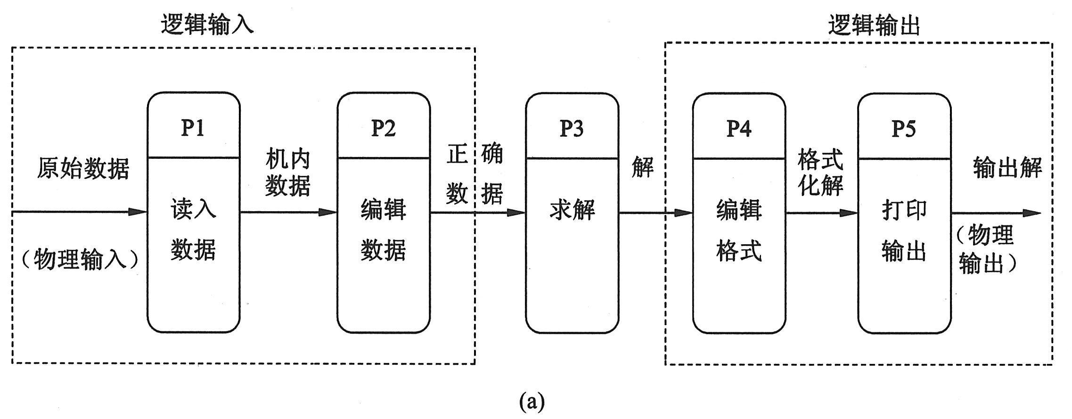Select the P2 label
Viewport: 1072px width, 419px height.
coord(383,128)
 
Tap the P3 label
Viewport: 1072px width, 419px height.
coord(571,128)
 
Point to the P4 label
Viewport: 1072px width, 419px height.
coord(738,128)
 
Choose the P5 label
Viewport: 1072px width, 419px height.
coord(904,128)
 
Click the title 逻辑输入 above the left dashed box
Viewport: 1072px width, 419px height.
coord(207,25)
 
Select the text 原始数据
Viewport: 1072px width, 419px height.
coord(83,168)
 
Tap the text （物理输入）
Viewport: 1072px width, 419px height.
coord(80,259)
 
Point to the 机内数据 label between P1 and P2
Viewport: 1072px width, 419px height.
coord(287,172)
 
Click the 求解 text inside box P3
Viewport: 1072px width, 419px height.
coord(572,210)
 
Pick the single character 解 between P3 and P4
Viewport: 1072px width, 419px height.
coord(643,167)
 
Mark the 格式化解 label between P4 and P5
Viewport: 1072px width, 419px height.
coord(820,172)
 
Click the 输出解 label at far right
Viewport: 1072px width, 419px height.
coord(1007,168)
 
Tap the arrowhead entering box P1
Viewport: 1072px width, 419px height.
coord(139,212)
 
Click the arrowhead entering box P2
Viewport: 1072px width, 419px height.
coord(328,212)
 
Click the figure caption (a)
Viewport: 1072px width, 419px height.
coord(532,402)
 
